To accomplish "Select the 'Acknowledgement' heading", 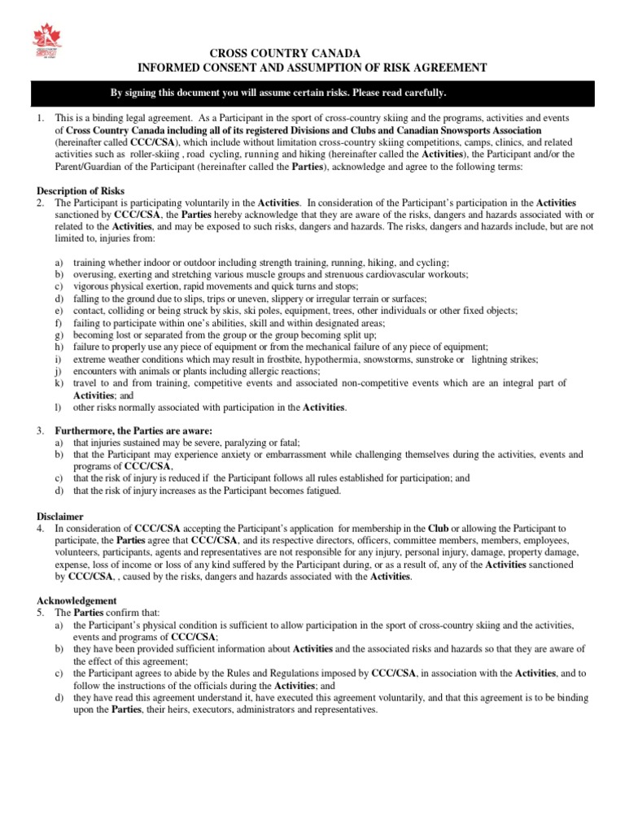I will pos(74,599).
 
